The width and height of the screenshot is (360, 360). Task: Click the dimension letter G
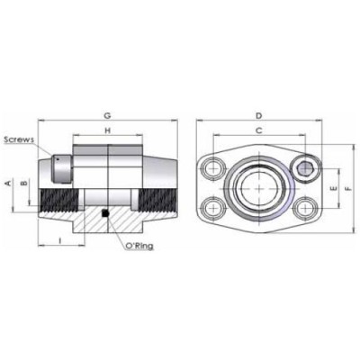click(x=107, y=115)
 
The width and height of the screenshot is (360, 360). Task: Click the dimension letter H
click(x=107, y=130)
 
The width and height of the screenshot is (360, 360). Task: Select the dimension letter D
click(x=258, y=115)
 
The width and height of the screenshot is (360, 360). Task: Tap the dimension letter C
click(x=258, y=130)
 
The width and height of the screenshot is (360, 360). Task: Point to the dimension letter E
click(x=333, y=189)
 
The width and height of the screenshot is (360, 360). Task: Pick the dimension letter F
click(x=347, y=189)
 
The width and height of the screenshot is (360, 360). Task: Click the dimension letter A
click(x=9, y=183)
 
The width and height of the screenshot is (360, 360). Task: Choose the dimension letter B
click(x=25, y=183)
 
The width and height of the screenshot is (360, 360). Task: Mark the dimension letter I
click(x=60, y=240)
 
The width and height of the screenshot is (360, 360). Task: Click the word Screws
click(x=19, y=139)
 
